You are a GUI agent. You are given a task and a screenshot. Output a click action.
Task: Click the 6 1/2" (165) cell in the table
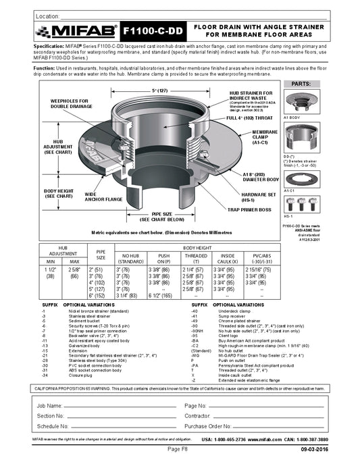pos(163,295)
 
